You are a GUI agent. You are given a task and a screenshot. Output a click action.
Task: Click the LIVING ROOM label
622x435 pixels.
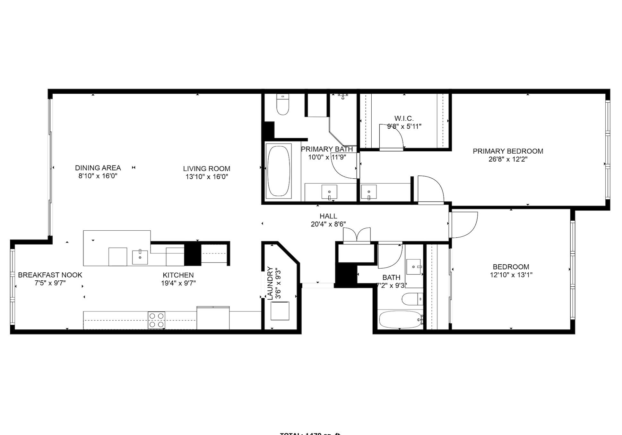pyautogui.click(x=207, y=169)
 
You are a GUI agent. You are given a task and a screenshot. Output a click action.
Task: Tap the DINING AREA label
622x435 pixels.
pyautogui.click(x=98, y=168)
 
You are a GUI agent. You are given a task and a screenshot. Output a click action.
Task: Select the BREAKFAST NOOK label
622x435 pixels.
pyautogui.click(x=50, y=275)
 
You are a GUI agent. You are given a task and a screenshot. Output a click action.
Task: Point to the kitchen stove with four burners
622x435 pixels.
pyautogui.click(x=156, y=320)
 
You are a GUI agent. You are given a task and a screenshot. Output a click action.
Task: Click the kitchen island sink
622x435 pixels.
pyautogui.click(x=140, y=257)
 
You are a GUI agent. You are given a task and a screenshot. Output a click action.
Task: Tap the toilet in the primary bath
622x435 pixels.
pyautogui.click(x=283, y=105)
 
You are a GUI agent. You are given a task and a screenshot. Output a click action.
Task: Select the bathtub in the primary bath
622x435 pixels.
pyautogui.click(x=279, y=171)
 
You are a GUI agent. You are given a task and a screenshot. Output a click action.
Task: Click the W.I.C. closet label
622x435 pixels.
pyautogui.click(x=404, y=119)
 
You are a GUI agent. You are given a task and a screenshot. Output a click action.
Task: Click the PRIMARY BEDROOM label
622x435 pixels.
pyautogui.click(x=508, y=151)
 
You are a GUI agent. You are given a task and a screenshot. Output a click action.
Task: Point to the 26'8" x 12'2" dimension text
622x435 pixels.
pyautogui.click(x=508, y=159)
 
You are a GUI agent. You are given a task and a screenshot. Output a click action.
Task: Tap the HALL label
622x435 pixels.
pyautogui.click(x=328, y=216)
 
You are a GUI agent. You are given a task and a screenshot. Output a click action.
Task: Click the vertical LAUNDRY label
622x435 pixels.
pyautogui.click(x=270, y=283)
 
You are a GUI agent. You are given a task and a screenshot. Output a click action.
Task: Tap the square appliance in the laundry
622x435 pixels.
pyautogui.click(x=280, y=311)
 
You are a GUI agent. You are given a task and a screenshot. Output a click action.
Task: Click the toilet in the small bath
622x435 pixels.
pyautogui.click(x=412, y=299)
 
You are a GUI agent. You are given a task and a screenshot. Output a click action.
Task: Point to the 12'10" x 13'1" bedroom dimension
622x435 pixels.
pyautogui.click(x=511, y=275)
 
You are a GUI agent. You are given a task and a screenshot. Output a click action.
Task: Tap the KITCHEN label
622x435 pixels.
pyautogui.click(x=178, y=275)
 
